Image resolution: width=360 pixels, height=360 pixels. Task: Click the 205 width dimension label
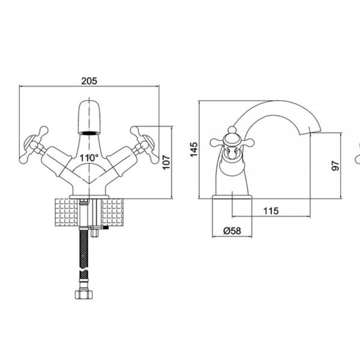coord(89,81)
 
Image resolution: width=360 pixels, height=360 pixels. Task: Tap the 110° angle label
coord(89,158)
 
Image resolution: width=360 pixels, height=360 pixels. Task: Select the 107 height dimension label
coord(166,163)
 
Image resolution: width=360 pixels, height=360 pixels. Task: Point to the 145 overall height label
coord(194,149)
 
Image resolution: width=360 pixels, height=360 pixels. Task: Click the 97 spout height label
coord(335,166)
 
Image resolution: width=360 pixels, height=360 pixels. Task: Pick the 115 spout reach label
coord(271,211)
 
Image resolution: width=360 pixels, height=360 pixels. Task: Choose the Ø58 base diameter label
coord(232,231)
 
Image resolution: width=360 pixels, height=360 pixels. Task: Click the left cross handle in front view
coord(34,145)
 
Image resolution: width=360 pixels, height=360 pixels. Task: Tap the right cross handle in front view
coord(145,145)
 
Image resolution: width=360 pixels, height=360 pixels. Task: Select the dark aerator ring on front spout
coord(89,133)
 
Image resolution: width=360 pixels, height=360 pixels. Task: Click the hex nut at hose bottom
coord(84,294)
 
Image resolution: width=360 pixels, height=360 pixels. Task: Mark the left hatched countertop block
coord(67,212)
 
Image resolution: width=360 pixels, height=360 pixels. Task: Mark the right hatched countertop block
coord(113,212)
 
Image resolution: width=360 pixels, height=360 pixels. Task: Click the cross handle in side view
coord(232,142)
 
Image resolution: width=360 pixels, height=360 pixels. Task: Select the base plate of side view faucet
coord(232,197)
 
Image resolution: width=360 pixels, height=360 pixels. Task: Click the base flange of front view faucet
coord(89,197)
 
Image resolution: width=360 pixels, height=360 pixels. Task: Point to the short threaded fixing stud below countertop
coord(94,233)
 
